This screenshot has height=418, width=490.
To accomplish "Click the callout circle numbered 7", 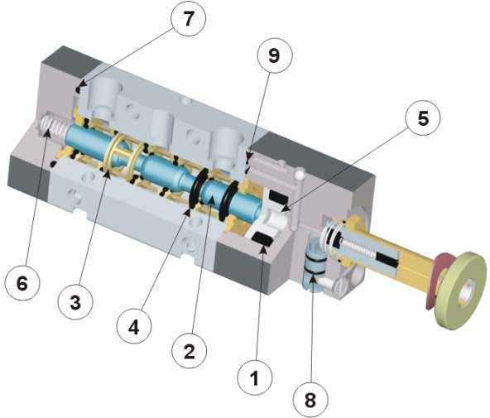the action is pyautogui.click(x=188, y=19).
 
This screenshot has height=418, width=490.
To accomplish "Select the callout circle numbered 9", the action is pyautogui.click(x=274, y=55).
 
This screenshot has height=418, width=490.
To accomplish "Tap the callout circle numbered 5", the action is pyautogui.click(x=423, y=118).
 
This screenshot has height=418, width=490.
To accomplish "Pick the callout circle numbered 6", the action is pyautogui.click(x=22, y=284).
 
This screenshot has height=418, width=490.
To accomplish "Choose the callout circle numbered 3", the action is pyautogui.click(x=75, y=302).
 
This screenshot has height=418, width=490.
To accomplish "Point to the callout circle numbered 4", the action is pyautogui.click(x=134, y=327).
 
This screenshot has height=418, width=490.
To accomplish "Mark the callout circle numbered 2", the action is pyautogui.click(x=190, y=351).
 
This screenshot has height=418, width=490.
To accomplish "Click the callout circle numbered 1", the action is pyautogui.click(x=255, y=378).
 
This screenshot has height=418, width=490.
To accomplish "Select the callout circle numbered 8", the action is pyautogui.click(x=310, y=399).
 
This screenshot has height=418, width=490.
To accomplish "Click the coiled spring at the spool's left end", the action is pyautogui.click(x=54, y=126).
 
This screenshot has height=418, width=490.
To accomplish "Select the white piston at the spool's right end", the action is pyautogui.click(x=275, y=218).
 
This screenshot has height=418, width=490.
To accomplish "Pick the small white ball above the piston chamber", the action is pyautogui.click(x=300, y=172).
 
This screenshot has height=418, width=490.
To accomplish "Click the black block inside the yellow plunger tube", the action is pyautogui.click(x=387, y=260).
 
